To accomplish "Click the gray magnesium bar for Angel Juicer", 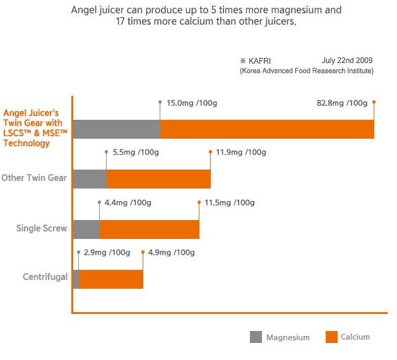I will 117,129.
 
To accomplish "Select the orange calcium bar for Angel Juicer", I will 267,129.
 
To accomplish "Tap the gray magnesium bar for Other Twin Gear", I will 90,179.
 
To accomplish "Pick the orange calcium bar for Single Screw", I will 149,229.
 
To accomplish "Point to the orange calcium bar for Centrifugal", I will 111,279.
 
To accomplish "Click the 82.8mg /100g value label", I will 341,103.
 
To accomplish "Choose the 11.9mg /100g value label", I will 240,153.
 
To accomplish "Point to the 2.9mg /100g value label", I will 107,253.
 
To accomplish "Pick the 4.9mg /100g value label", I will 171,253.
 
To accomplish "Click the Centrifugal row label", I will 45,277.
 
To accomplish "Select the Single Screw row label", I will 42,228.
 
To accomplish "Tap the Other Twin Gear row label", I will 34,178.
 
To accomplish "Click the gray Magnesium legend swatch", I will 256,337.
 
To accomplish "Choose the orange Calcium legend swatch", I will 331,337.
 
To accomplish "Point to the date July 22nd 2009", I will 347,61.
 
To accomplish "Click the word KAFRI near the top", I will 261,61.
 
